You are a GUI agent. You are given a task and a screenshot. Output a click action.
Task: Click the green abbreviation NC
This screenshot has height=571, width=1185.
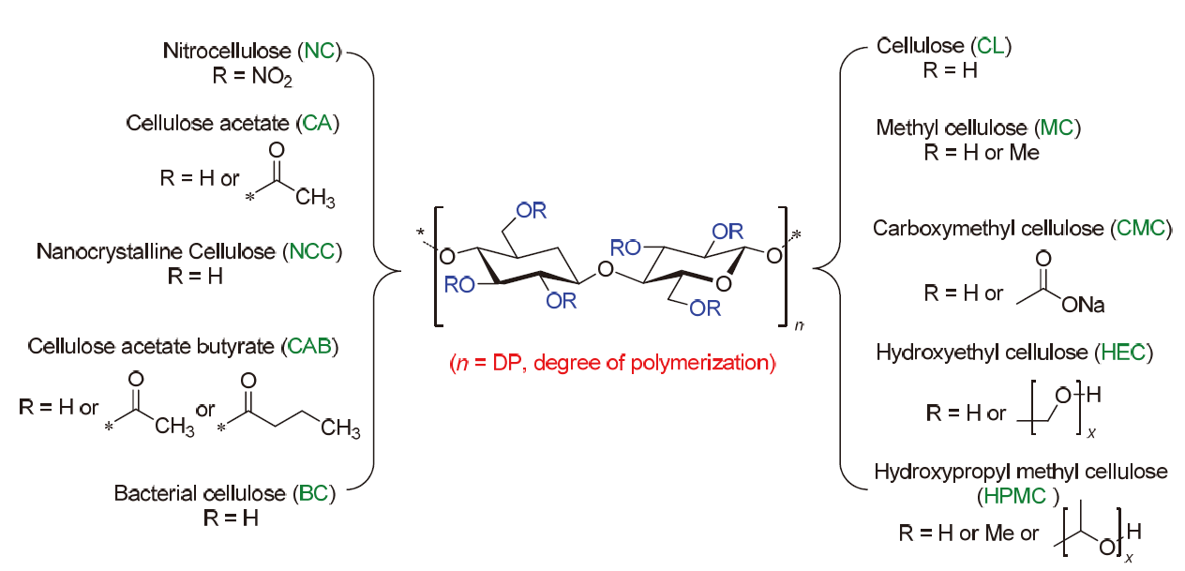pyautogui.click(x=320, y=51)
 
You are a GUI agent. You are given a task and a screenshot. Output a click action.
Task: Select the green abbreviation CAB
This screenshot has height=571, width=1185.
pyautogui.click(x=309, y=346)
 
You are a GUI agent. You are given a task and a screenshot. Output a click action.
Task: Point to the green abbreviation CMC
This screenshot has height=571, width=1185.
pyautogui.click(x=1141, y=228)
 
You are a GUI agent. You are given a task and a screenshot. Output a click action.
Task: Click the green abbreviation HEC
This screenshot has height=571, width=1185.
pyautogui.click(x=1122, y=352)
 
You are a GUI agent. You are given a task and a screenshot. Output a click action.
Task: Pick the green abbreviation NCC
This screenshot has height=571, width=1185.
pyautogui.click(x=312, y=251)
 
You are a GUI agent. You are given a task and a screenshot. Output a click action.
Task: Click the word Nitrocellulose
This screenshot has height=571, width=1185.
pyautogui.click(x=227, y=51)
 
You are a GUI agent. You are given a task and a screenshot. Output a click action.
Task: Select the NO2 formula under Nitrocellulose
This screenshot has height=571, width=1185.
pyautogui.click(x=272, y=77)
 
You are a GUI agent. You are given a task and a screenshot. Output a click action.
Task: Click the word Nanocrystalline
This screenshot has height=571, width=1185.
pyautogui.click(x=111, y=251)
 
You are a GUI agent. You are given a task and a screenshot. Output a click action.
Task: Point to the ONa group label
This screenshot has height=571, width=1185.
pyautogui.click(x=1083, y=305)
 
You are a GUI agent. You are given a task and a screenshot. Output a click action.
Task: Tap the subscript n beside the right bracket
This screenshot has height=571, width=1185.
pyautogui.click(x=799, y=325)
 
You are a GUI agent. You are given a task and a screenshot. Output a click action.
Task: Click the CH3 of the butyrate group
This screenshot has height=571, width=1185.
pyautogui.click(x=340, y=428)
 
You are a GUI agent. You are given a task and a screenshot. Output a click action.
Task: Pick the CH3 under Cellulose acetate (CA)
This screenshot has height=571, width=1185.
pyautogui.click(x=315, y=198)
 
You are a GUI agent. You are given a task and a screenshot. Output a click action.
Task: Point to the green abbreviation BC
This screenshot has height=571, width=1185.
pyautogui.click(x=313, y=493)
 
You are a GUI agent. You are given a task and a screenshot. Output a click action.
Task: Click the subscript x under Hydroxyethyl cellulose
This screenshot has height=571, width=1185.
pyautogui.click(x=1091, y=434)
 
